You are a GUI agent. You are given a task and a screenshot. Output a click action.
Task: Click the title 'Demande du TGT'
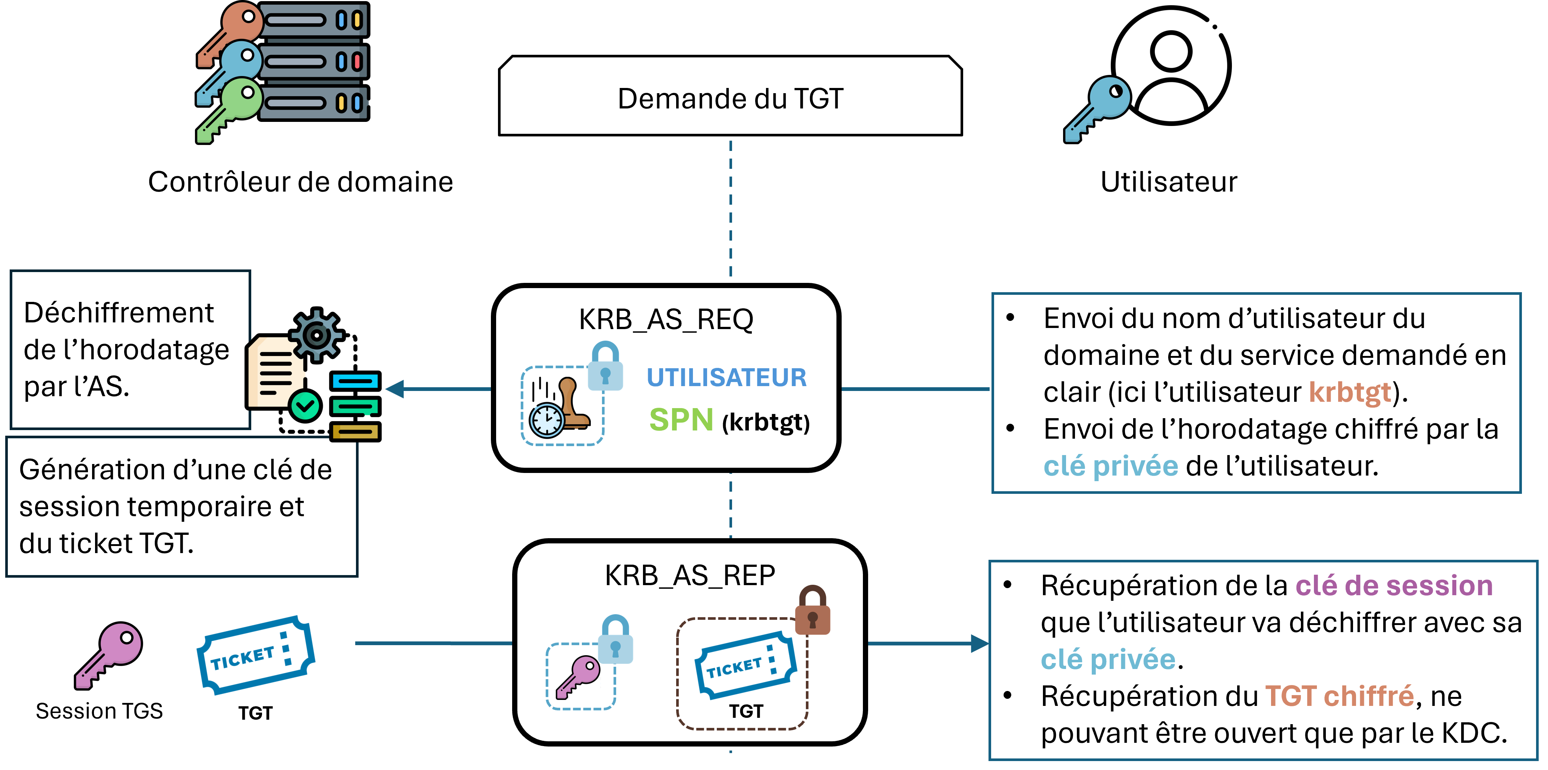point(730,98)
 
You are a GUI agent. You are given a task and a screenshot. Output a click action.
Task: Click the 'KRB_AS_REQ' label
point(666,319)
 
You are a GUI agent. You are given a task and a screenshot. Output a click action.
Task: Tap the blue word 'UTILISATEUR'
point(726,378)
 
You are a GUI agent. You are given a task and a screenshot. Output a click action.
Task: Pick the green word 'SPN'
point(681,420)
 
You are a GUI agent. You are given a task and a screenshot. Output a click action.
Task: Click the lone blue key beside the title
point(1098,108)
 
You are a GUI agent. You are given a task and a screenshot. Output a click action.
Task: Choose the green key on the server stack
point(232,108)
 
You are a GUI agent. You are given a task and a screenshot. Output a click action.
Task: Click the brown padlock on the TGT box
point(813,611)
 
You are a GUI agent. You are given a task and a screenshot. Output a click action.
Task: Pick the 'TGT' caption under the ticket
point(746,711)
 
